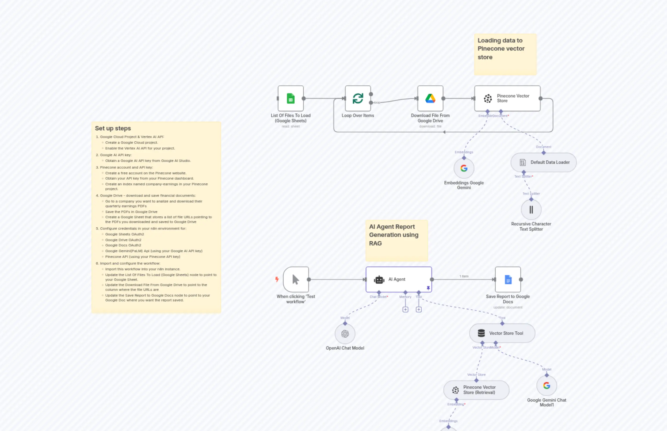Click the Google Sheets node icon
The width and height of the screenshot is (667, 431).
[291, 99]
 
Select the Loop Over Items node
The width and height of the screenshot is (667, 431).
[358, 99]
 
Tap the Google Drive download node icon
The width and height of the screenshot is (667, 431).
[430, 99]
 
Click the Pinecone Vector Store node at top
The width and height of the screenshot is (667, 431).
[507, 99]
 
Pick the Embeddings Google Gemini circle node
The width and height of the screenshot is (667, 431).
[464, 168]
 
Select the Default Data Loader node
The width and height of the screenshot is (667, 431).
[543, 162]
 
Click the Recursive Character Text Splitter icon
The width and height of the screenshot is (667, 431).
[531, 210]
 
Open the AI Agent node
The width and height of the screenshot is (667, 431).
[398, 279]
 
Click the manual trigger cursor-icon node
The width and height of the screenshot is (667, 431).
[296, 279]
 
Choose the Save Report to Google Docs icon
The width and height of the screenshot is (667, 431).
[508, 279]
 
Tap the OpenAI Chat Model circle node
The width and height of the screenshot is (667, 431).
[345, 334]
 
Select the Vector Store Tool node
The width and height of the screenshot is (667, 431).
[502, 333]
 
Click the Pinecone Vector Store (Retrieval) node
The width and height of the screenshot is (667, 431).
[476, 390]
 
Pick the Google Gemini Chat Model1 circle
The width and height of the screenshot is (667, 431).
[546, 386]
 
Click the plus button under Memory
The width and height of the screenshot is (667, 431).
[405, 309]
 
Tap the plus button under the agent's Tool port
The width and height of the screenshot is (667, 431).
[418, 309]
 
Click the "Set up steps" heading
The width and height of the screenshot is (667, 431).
[113, 128]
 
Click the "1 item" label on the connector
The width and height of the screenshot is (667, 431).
[464, 276]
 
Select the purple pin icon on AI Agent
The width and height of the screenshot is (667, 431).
[428, 288]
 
